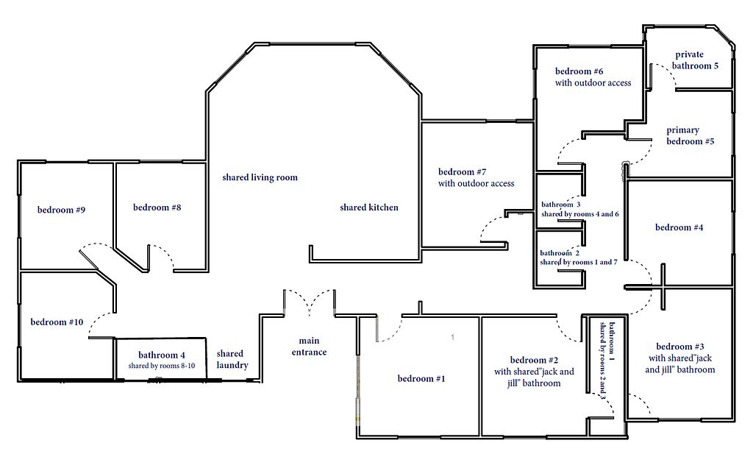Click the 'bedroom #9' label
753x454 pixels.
62,210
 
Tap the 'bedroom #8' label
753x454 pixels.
157,208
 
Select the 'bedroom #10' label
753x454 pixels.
57,322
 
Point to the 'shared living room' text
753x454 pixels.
260,178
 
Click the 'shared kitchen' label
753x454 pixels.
369,208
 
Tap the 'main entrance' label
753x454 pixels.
310,347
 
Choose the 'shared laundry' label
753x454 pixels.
232,359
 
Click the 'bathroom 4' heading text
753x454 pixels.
161,355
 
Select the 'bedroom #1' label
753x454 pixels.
421,378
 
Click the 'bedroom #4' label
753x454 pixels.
679,227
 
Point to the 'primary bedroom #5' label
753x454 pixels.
690,135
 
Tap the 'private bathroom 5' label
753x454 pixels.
695,60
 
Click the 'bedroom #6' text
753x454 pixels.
579,71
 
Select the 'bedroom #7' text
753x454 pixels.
462,171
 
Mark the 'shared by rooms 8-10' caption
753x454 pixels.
161,366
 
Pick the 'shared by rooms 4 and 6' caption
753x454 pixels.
579,214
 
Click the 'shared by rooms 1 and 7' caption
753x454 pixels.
578,262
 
